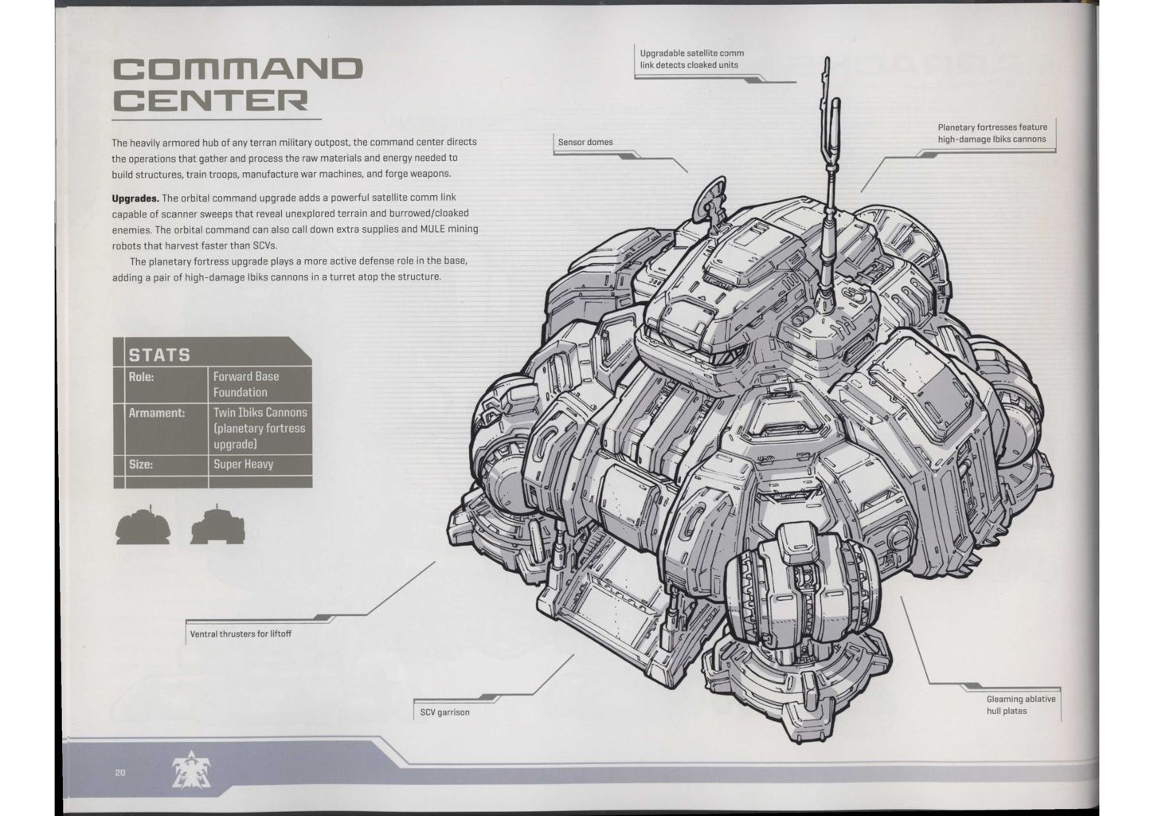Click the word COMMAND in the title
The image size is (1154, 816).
pos(238,69)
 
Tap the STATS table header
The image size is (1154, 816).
pos(160,355)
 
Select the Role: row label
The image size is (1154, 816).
pos(142,376)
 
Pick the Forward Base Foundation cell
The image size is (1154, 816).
pos(246,384)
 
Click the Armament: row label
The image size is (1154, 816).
pos(157,413)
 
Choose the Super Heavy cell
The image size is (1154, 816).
pos(243,464)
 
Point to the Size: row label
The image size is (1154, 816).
pos(141,464)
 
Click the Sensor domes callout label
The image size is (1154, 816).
pos(585,142)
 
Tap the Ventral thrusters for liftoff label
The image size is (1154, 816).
pos(241,634)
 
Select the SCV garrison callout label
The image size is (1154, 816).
pos(445,712)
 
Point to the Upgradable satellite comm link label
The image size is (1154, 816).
pos(691,59)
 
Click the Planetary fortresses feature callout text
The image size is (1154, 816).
pos(992,133)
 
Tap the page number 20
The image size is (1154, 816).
pos(120,772)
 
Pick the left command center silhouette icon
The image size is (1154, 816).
pos(143,525)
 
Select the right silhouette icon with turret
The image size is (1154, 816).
pos(217,524)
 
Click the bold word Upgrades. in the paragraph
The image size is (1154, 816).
pos(135,198)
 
